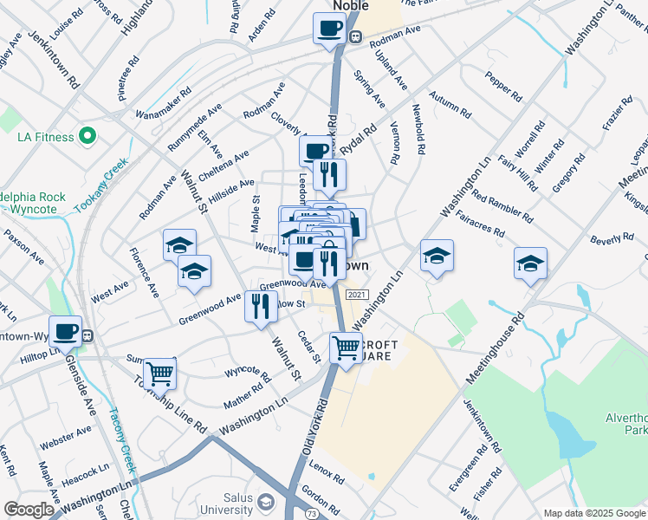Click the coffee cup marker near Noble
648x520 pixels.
tap(328, 28)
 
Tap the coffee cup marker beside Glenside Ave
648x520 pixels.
tap(65, 332)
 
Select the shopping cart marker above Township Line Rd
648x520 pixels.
tap(159, 374)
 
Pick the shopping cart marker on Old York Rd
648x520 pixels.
tap(346, 348)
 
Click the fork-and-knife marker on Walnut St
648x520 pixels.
tap(261, 306)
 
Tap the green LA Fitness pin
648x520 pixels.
tap(87, 136)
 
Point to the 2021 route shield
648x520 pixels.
tap(356, 296)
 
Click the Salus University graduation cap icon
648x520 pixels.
tap(267, 503)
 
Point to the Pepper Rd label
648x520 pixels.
tap(502, 84)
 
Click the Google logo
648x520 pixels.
tap(29, 510)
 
